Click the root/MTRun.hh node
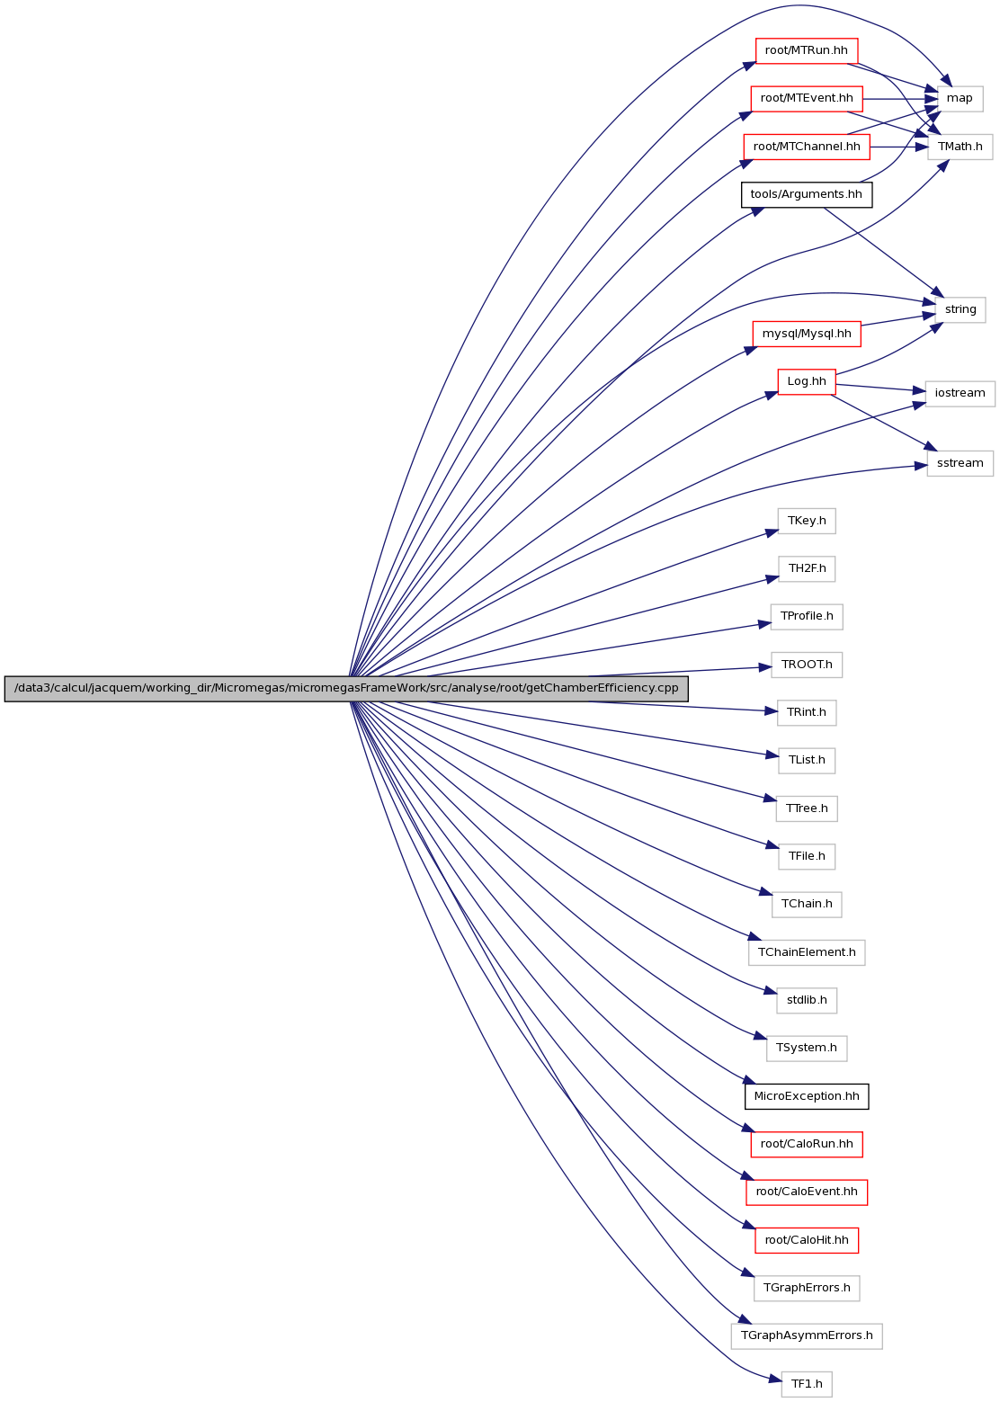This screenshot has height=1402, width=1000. click(x=806, y=50)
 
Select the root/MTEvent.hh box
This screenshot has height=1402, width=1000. click(x=806, y=99)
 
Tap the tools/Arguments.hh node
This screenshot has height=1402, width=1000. click(x=806, y=194)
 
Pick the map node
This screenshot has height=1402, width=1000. click(x=960, y=99)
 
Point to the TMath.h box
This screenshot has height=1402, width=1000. click(x=960, y=147)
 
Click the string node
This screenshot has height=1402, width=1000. click(x=960, y=310)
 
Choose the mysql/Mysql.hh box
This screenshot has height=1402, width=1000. click(x=806, y=334)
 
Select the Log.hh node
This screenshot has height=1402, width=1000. click(x=806, y=382)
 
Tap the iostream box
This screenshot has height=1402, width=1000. click(x=960, y=394)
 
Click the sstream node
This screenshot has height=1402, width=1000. click(x=960, y=463)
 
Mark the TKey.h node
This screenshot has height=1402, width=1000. click(x=806, y=521)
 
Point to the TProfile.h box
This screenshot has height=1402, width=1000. click(x=806, y=617)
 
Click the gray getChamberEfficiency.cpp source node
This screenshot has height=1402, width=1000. click(x=346, y=689)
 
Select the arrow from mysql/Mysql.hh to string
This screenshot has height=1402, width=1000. click(x=897, y=319)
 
